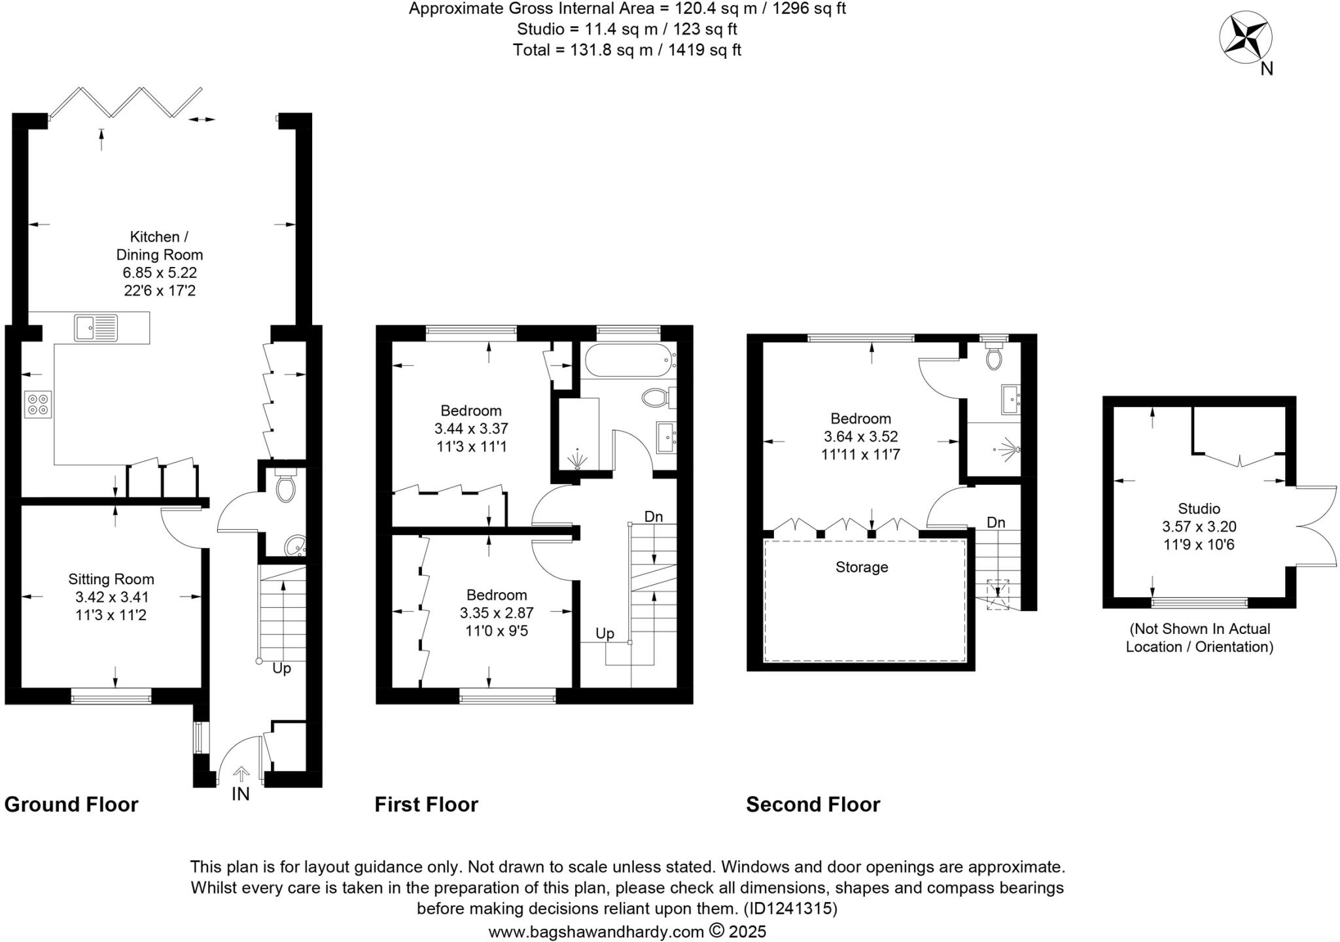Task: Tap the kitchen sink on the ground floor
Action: (x=96, y=327)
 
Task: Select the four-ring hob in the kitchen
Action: (x=38, y=404)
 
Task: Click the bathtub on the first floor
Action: (x=628, y=361)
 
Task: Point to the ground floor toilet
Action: (x=286, y=487)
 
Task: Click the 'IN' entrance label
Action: (x=240, y=794)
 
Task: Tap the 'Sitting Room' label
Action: (x=111, y=579)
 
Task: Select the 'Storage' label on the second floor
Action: (x=861, y=567)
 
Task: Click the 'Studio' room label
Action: (x=1199, y=508)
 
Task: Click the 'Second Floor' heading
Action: (x=813, y=805)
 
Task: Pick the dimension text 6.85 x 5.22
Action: (x=160, y=272)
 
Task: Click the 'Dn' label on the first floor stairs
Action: (x=653, y=517)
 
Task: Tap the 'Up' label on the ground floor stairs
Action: (x=281, y=669)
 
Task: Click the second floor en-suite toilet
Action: (x=994, y=357)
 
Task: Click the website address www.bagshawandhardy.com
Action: (x=596, y=932)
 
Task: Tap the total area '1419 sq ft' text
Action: (x=704, y=50)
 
